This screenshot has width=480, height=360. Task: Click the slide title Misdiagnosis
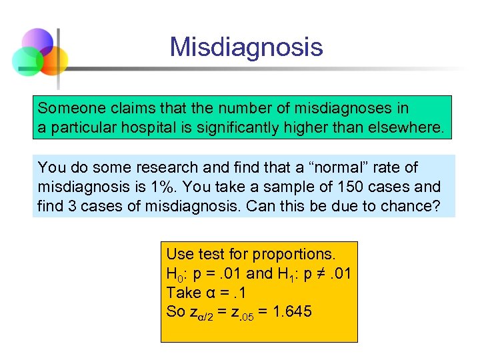point(246,47)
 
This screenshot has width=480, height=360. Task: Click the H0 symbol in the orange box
point(175,274)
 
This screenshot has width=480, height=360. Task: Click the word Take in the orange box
point(183,292)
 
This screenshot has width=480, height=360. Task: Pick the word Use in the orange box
point(179,254)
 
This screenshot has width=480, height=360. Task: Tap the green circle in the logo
point(27,61)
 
